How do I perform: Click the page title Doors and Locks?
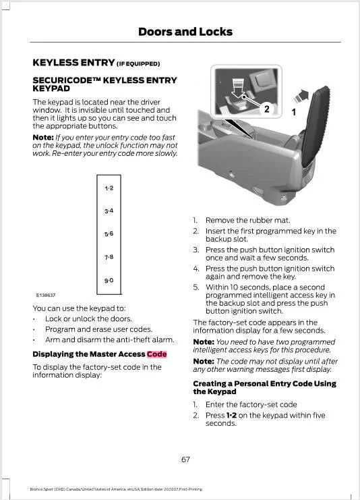[185, 32]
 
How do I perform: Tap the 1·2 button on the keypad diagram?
[109, 188]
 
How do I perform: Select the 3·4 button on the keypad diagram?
[109, 211]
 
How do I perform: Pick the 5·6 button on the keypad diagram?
[109, 233]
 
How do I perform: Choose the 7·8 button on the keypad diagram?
[109, 257]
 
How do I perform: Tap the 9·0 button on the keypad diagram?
[109, 281]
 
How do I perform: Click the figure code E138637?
[46, 296]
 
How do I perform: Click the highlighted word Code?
[157, 354]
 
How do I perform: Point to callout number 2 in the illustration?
[267, 109]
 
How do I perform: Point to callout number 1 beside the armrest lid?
[294, 112]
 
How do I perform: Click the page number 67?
[186, 460]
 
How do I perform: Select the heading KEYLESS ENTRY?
[73, 63]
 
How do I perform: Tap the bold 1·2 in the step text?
[231, 415]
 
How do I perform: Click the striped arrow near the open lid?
[301, 96]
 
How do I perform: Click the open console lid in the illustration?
[315, 127]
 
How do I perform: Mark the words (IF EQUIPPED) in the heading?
[138, 64]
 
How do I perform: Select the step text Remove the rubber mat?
[248, 221]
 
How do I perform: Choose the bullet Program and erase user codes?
[98, 329]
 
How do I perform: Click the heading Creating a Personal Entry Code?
[264, 387]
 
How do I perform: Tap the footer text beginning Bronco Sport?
[116, 489]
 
